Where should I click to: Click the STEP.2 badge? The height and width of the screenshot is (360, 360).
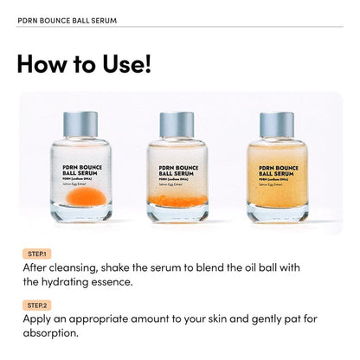(37, 305)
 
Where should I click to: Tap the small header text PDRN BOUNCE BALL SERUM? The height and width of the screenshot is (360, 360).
(67, 19)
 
